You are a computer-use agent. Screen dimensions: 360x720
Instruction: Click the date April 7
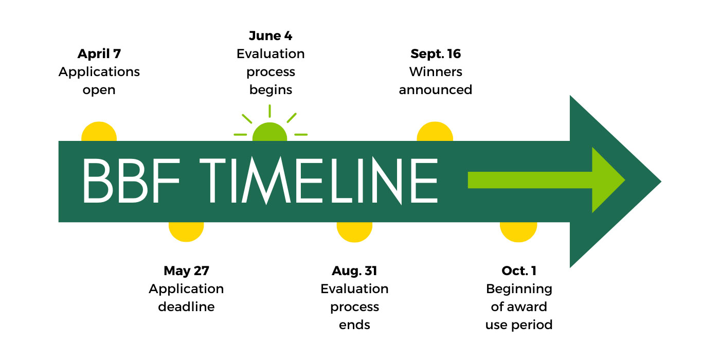pyautogui.click(x=99, y=54)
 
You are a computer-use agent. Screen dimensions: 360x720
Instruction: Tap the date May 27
pyautogui.click(x=186, y=271)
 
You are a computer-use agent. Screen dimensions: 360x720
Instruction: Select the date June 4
pyautogui.click(x=271, y=36)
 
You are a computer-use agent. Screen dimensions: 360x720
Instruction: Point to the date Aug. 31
pyautogui.click(x=354, y=271)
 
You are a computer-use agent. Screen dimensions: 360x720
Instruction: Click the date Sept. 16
pyautogui.click(x=436, y=54)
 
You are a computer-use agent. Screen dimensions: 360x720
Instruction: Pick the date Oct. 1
pyautogui.click(x=519, y=271)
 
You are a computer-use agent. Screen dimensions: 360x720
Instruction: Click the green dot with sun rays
pyautogui.click(x=270, y=133)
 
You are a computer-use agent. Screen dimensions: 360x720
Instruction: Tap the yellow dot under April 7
pyautogui.click(x=99, y=132)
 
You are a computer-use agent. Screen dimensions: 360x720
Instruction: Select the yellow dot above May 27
pyautogui.click(x=186, y=231)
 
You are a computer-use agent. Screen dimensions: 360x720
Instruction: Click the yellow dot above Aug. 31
pyautogui.click(x=354, y=231)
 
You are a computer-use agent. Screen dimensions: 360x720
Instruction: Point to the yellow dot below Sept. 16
pyautogui.click(x=435, y=132)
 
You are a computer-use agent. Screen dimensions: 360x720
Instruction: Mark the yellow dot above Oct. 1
pyautogui.click(x=518, y=231)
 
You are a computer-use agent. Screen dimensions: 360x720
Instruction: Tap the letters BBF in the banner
pyautogui.click(x=133, y=181)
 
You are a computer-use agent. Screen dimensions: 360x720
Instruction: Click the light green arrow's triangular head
pyautogui.click(x=607, y=180)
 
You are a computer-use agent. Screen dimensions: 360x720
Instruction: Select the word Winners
pyautogui.click(x=436, y=72)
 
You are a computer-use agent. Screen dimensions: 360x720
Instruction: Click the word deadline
pyautogui.click(x=186, y=307)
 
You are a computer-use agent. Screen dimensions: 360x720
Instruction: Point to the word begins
pyautogui.click(x=271, y=90)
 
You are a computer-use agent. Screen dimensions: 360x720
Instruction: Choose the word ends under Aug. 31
pyautogui.click(x=354, y=325)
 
